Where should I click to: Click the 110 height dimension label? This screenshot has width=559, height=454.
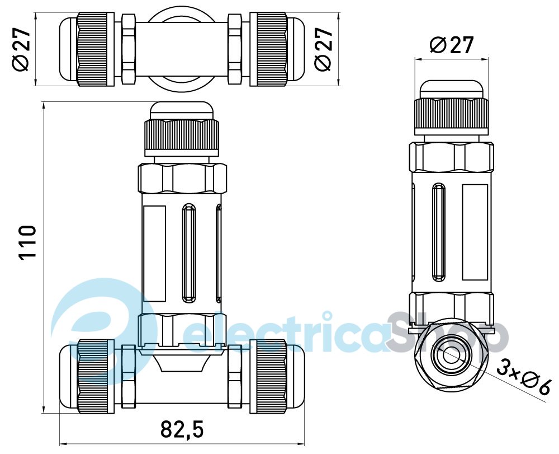(28, 242)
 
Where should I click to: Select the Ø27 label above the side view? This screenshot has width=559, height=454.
(451, 45)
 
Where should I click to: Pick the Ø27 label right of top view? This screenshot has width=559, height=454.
(323, 49)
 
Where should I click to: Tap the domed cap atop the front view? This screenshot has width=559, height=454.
(182, 111)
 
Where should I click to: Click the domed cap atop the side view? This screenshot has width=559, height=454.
(451, 89)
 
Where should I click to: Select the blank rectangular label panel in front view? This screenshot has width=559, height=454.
(154, 254)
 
